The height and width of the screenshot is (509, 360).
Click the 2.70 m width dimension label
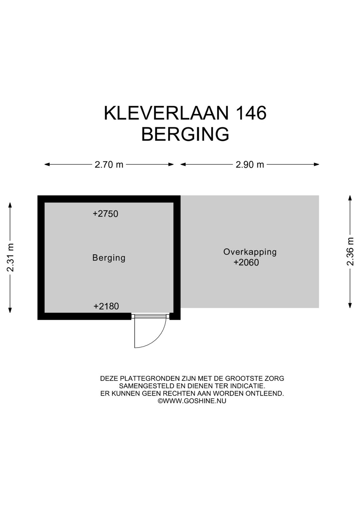109,164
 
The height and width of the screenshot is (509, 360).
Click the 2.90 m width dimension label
250,164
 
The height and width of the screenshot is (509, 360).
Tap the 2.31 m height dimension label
10,257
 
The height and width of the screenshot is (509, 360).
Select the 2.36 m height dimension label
350,251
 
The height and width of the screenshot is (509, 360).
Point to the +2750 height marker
105,214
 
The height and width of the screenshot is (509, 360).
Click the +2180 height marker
106,306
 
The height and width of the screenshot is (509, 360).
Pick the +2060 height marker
246,263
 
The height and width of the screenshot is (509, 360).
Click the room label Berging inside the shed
109,258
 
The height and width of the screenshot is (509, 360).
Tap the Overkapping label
250,252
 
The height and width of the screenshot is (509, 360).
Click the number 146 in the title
251,113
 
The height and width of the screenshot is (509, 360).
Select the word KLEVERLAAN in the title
166,113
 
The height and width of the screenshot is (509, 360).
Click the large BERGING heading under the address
185,134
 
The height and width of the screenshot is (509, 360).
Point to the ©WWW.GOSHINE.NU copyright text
192,401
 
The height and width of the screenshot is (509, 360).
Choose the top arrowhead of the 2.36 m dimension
350,197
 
